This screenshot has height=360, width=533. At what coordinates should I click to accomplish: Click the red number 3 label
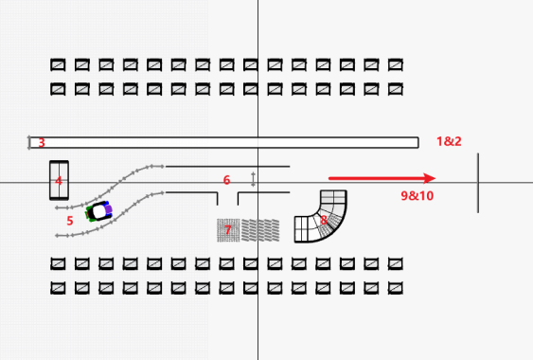tap(42, 142)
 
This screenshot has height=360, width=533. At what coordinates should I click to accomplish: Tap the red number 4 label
tap(59, 181)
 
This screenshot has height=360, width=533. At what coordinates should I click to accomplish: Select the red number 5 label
tap(70, 221)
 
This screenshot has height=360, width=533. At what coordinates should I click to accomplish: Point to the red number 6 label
tap(226, 180)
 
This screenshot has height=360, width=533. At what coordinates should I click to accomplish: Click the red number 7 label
tap(228, 230)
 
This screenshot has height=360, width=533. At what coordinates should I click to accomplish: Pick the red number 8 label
tap(323, 220)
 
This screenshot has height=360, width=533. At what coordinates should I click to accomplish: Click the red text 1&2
tap(449, 141)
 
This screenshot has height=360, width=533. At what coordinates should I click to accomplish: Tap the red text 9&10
tap(418, 196)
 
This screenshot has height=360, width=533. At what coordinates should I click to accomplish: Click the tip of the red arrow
tap(435, 178)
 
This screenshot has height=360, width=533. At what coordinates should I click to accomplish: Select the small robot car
tap(98, 211)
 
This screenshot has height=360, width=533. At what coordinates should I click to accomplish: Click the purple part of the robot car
tap(108, 209)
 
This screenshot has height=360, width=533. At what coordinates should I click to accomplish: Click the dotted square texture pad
tap(228, 230)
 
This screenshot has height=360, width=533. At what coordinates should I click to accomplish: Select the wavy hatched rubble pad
tap(260, 230)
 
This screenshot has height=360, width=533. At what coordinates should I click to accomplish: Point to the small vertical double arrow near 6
tap(253, 180)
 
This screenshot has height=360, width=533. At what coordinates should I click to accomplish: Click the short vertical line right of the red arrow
tap(478, 183)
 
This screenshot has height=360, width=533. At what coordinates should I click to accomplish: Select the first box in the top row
tap(58, 64)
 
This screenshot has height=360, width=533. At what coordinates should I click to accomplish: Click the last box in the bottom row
tap(396, 288)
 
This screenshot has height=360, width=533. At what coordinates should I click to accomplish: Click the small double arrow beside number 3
tap(29, 142)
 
